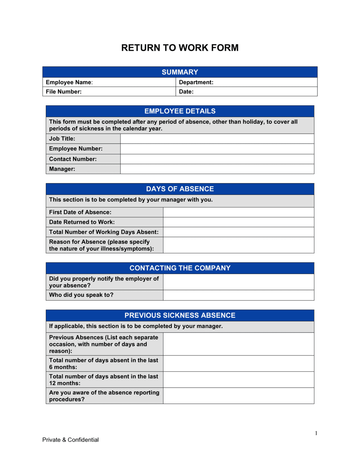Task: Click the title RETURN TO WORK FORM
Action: pyautogui.click(x=180, y=48)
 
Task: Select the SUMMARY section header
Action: pyautogui.click(x=180, y=72)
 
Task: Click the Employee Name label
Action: pyautogui.click(x=69, y=82)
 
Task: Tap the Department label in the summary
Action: pyautogui.click(x=196, y=82)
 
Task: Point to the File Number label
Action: pyautogui.click(x=64, y=92)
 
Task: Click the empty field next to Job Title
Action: pyautogui.click(x=217, y=139)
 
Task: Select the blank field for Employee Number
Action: pyautogui.click(x=217, y=149)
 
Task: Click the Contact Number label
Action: pyautogui.click(x=73, y=159)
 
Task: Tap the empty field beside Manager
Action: pyautogui.click(x=217, y=169)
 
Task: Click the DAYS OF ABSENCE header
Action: pyautogui.click(x=180, y=189)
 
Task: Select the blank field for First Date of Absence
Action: pyautogui.click(x=238, y=212)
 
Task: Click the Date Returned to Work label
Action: pyautogui.click(x=82, y=222)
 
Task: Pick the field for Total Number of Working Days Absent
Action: pyautogui.click(x=238, y=232)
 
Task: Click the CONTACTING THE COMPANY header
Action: pyautogui.click(x=180, y=268)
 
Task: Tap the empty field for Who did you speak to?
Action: pyautogui.click(x=238, y=295)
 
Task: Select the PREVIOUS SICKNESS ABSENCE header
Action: pyautogui.click(x=180, y=315)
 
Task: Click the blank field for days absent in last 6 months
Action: pyautogui.click(x=238, y=364)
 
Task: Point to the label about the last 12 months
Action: pyautogui.click(x=104, y=380)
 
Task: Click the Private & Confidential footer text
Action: pyautogui.click(x=71, y=440)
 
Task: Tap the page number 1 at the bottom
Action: pyautogui.click(x=316, y=433)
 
